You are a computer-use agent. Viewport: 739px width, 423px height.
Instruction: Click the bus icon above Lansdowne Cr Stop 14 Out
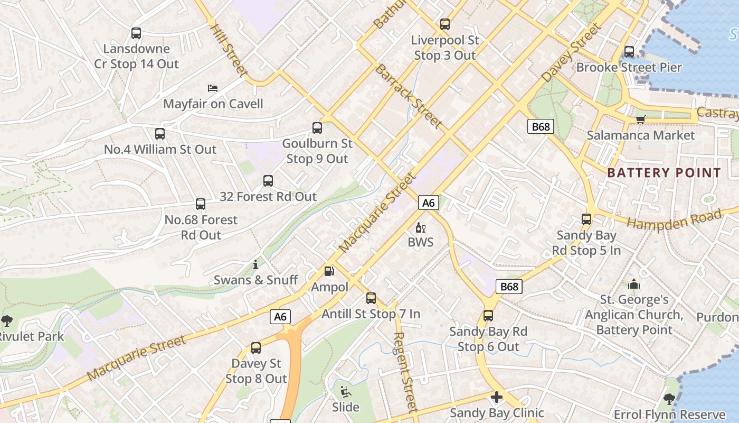click(136, 33)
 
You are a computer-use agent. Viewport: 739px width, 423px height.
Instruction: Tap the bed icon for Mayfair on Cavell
click(213, 88)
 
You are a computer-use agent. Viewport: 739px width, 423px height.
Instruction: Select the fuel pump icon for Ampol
click(329, 271)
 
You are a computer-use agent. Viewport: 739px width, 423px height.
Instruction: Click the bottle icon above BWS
click(420, 228)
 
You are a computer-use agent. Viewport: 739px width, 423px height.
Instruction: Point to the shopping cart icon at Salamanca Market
click(641, 119)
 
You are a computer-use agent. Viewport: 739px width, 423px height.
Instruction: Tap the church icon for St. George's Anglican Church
click(634, 284)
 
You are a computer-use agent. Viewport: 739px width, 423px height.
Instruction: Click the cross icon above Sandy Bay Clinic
click(496, 397)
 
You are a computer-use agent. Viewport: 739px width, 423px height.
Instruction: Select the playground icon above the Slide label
click(345, 392)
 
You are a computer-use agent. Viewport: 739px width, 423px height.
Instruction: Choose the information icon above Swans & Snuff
click(255, 264)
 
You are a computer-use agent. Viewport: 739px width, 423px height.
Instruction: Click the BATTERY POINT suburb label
click(664, 173)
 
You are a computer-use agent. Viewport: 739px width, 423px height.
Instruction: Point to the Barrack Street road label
click(408, 96)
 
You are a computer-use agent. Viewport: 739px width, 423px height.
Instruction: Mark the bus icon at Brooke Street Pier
click(629, 52)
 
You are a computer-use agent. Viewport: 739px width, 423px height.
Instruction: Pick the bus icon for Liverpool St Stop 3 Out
click(445, 24)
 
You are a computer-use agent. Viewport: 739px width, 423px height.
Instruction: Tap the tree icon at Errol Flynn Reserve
click(669, 399)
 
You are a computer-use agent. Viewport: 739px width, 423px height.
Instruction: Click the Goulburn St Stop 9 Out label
click(317, 151)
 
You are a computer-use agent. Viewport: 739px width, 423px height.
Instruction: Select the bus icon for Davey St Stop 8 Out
click(256, 348)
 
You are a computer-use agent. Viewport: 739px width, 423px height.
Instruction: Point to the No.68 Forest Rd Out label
click(201, 227)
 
